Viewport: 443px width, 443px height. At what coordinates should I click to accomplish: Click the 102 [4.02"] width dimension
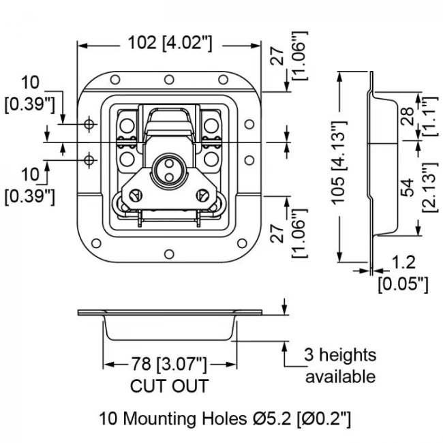click(170, 43)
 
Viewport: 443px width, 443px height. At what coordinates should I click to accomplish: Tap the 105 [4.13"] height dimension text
click(344, 162)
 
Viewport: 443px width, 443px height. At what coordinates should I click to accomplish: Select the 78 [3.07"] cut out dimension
click(169, 364)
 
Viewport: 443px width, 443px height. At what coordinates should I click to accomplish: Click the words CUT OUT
click(169, 386)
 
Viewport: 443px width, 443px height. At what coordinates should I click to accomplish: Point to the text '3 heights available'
click(339, 365)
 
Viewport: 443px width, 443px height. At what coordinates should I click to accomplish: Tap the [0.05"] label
click(403, 284)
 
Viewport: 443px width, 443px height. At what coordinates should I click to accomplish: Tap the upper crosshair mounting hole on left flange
click(89, 124)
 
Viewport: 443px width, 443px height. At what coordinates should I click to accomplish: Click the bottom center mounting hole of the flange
click(168, 255)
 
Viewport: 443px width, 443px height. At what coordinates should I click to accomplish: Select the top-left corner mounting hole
click(115, 79)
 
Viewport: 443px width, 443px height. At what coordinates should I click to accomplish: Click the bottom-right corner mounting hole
click(242, 241)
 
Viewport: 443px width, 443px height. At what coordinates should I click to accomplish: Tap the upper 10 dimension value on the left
click(30, 84)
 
